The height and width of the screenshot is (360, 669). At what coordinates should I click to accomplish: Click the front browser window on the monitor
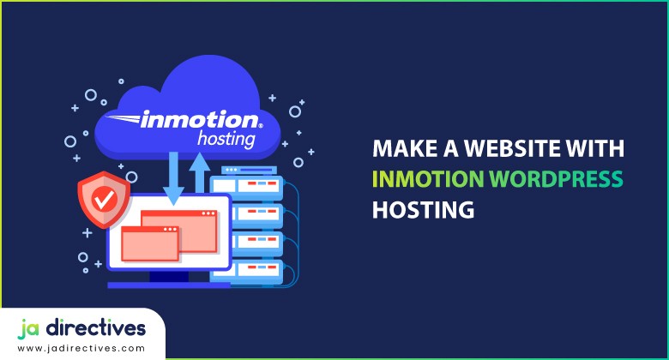click(150, 243)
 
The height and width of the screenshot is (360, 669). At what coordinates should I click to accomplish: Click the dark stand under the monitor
click(168, 276)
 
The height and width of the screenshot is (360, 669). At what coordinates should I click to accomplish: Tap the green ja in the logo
click(31, 328)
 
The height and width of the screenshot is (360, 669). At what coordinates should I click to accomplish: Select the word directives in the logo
click(99, 328)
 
